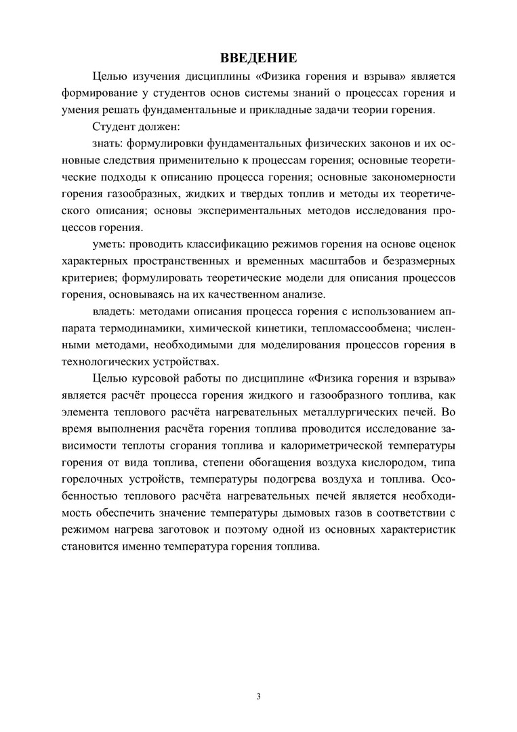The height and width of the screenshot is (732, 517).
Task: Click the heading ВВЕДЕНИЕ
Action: click(258, 57)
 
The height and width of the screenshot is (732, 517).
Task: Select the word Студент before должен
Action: click(113, 127)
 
